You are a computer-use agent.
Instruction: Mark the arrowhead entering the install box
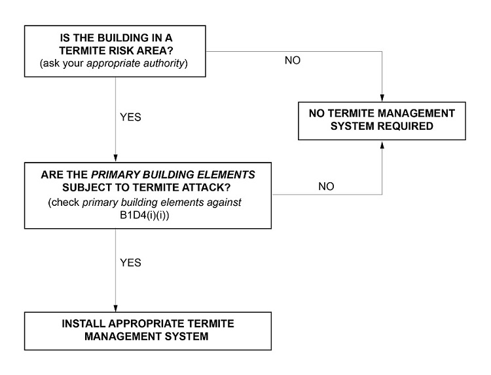coord(116,309)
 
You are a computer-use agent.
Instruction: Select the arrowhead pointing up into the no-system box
coord(381,144)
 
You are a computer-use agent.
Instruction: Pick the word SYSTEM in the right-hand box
coord(369,127)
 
